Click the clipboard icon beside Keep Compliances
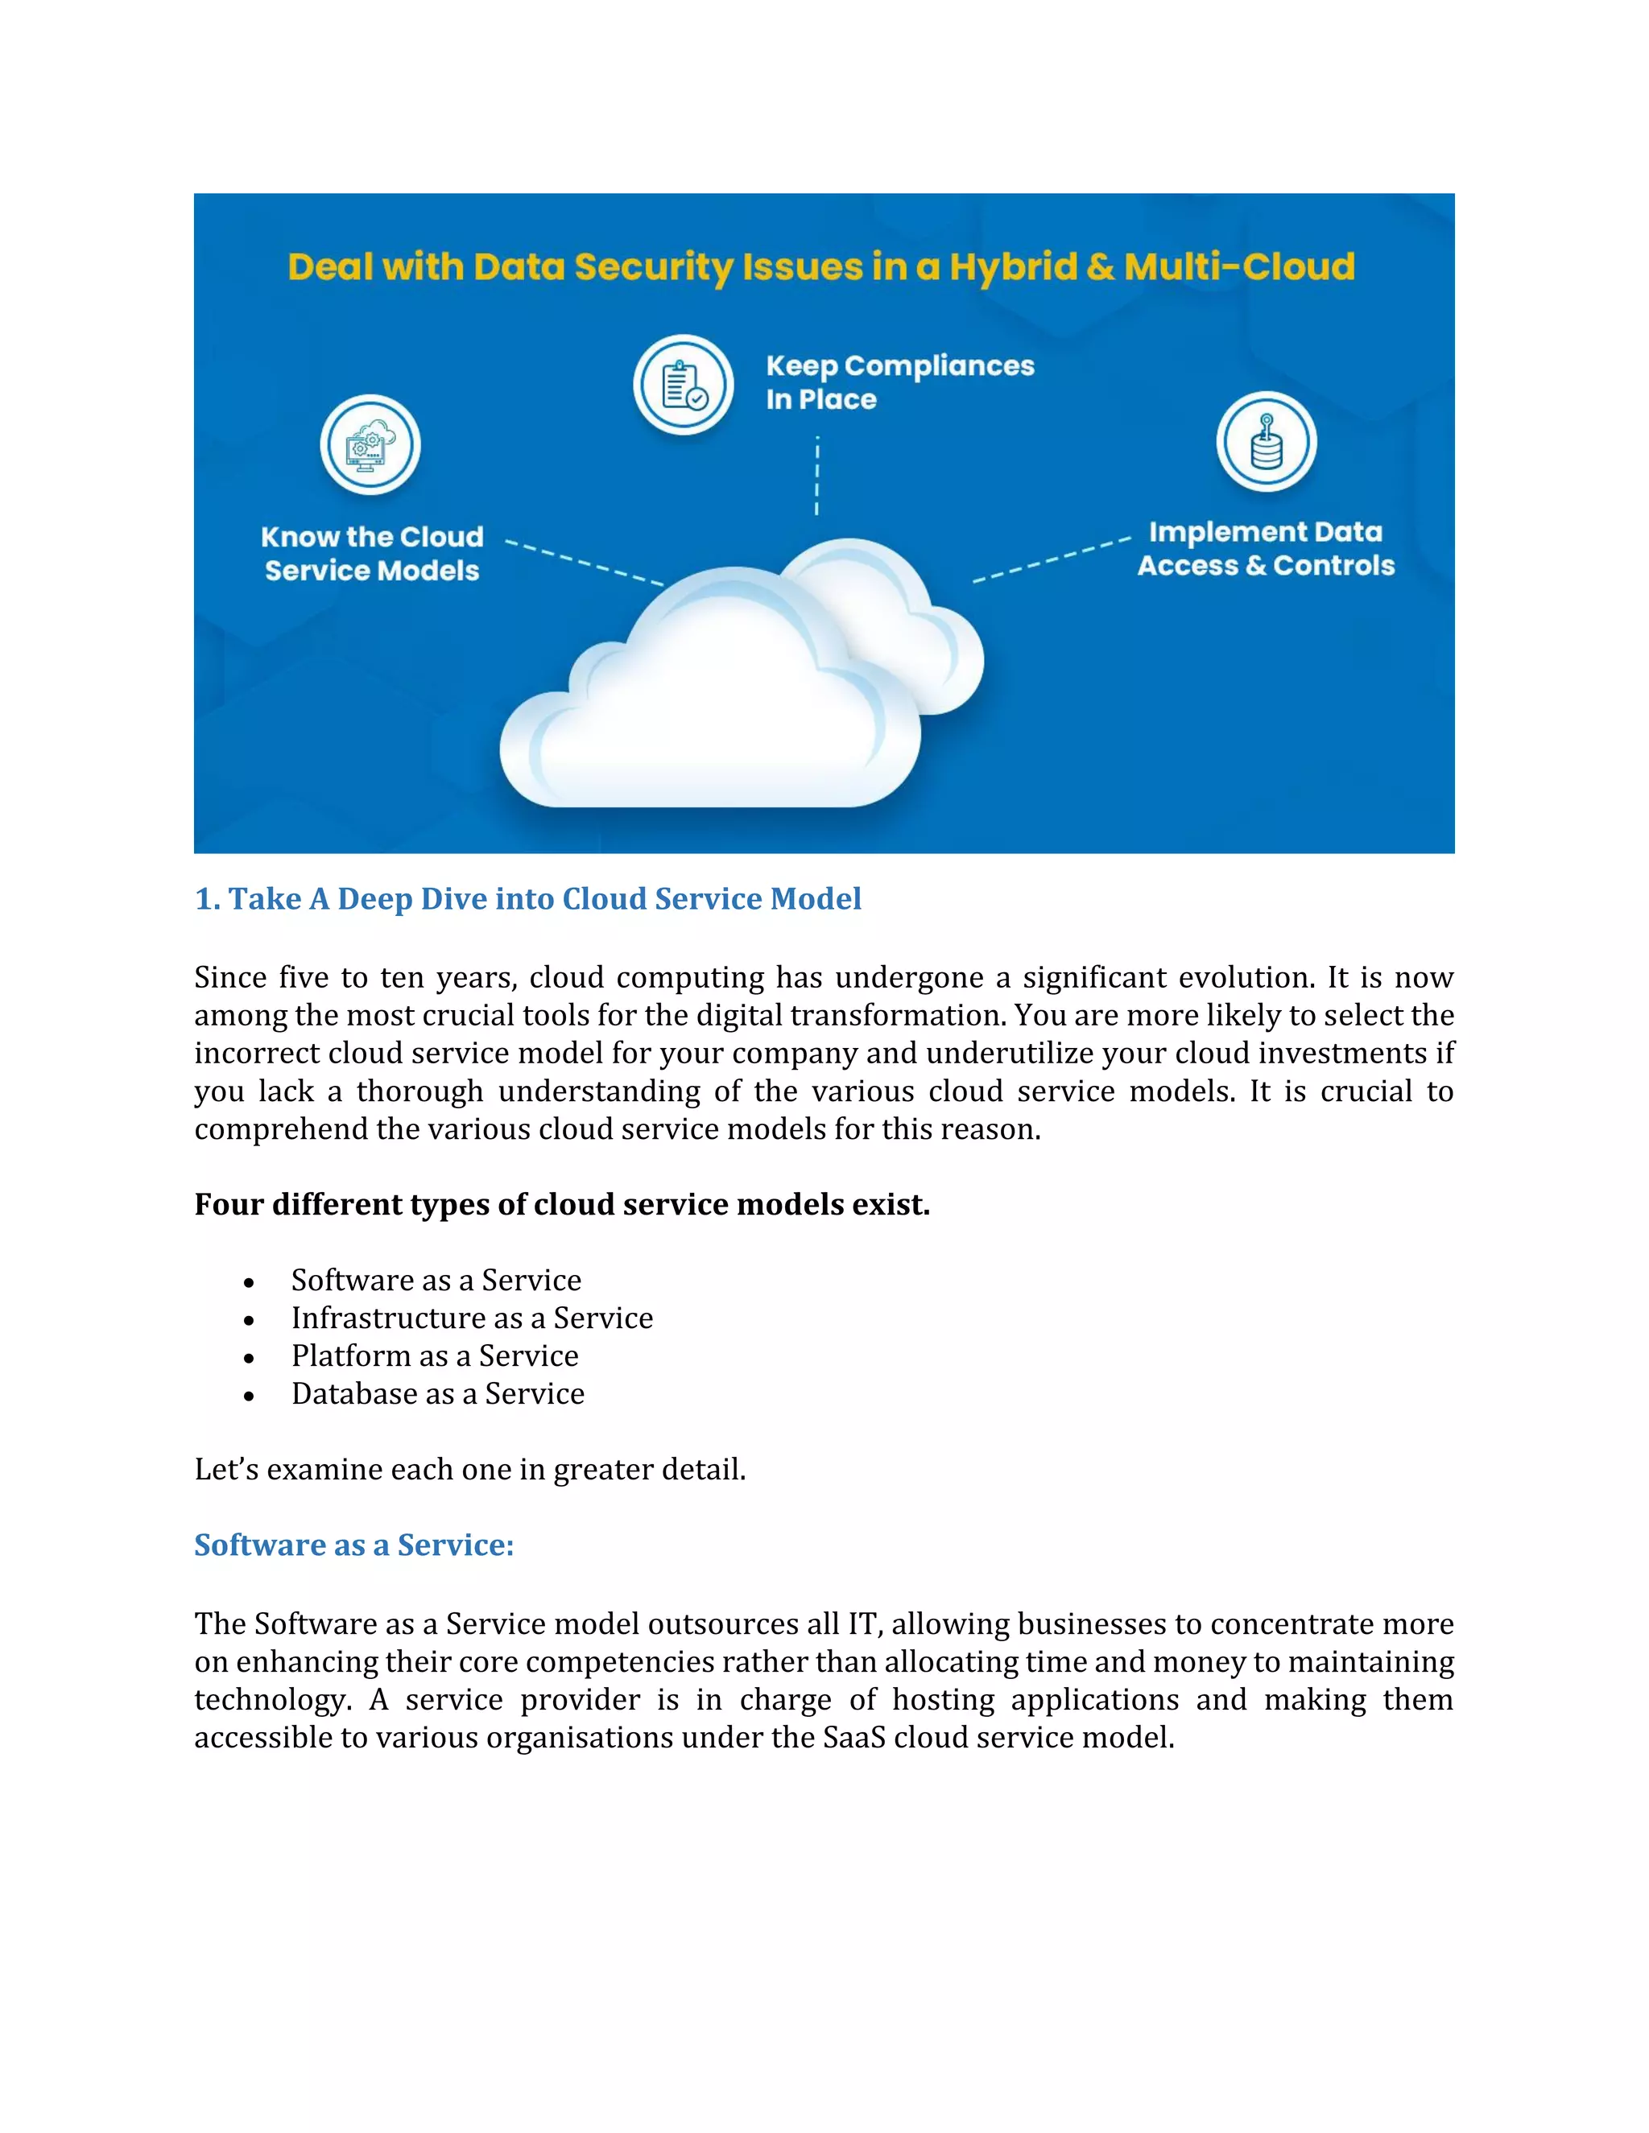(x=683, y=385)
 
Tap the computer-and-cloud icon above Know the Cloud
(x=370, y=445)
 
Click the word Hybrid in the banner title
(x=1013, y=266)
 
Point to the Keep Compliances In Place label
(x=899, y=382)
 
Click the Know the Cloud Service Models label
(x=372, y=554)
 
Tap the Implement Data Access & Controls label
(x=1266, y=549)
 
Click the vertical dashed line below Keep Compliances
(x=816, y=477)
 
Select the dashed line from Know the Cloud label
(x=583, y=563)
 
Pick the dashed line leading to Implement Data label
(x=1052, y=559)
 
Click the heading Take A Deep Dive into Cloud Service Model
(x=527, y=898)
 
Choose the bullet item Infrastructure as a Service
(x=472, y=1318)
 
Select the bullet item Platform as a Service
(x=435, y=1356)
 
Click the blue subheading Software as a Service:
(x=353, y=1545)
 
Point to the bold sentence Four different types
(x=562, y=1205)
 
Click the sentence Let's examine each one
(x=470, y=1470)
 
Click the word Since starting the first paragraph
(x=229, y=978)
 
